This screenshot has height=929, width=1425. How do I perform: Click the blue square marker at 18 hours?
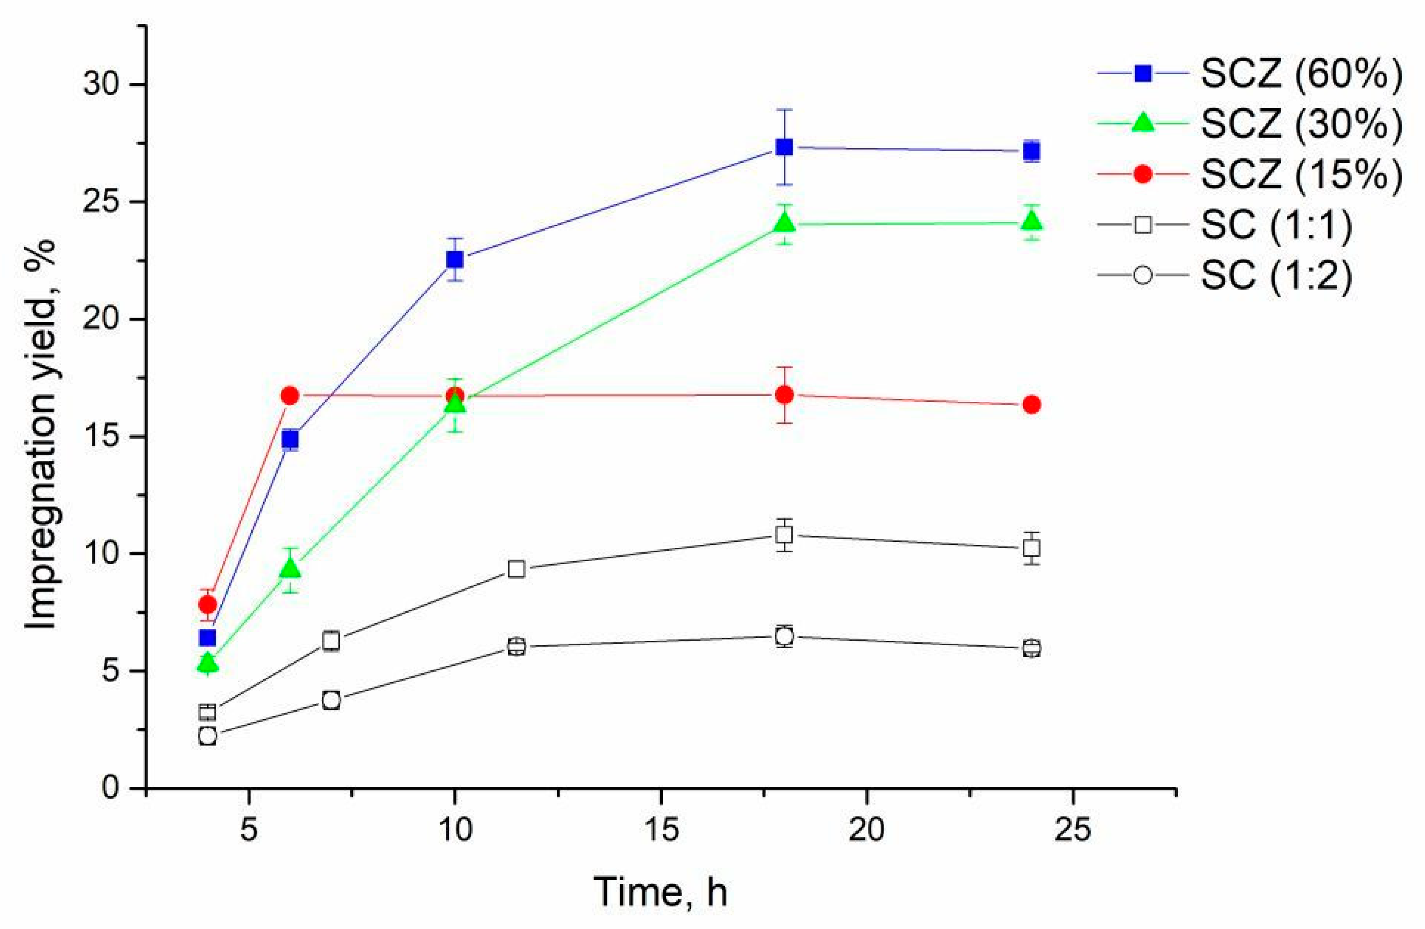[784, 147]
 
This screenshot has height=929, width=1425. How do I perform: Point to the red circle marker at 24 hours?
[1031, 405]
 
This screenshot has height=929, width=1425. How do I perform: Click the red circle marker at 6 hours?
[290, 395]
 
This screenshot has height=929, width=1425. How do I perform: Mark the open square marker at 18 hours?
[784, 534]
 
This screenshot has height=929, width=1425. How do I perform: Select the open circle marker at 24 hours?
[1031, 648]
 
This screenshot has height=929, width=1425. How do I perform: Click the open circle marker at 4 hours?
[208, 735]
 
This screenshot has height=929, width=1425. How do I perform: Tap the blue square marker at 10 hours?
[455, 259]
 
